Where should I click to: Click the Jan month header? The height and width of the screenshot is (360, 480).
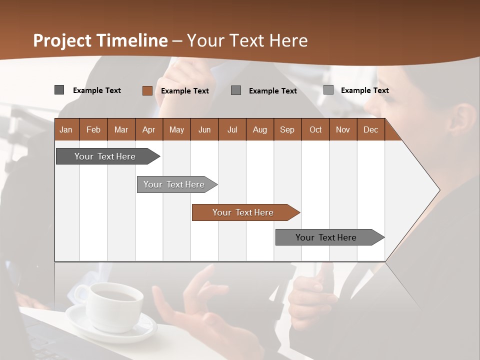[x=66, y=129]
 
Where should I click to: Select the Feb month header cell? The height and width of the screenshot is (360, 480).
[x=93, y=129]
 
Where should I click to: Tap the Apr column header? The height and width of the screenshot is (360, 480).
[x=148, y=129]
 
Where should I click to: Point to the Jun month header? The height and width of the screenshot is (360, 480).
[x=204, y=129]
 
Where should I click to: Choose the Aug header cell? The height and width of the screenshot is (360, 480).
[x=259, y=129]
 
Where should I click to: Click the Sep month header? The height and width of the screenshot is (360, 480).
[x=287, y=129]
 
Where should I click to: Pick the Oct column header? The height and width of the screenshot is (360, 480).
[x=315, y=129]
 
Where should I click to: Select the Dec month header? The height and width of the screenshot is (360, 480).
[x=370, y=129]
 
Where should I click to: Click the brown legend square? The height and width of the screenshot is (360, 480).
[x=147, y=90]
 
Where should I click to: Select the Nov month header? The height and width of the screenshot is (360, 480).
[x=343, y=129]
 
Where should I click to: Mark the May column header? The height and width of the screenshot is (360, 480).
[x=176, y=129]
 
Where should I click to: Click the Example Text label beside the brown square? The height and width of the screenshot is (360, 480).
[x=184, y=91]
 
